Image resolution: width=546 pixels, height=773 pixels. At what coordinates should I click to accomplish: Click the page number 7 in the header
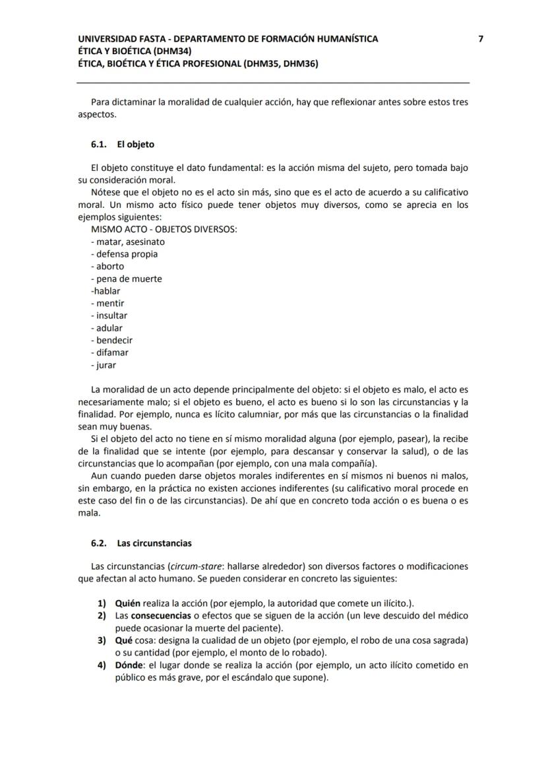point(481,39)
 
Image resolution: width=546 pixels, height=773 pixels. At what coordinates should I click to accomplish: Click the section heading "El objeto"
point(136,144)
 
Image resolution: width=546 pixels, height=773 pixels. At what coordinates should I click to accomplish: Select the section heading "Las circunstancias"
point(154,543)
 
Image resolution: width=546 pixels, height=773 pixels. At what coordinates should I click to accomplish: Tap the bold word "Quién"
point(128,603)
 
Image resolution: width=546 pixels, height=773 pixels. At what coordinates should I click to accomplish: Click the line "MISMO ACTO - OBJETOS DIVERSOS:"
point(164,229)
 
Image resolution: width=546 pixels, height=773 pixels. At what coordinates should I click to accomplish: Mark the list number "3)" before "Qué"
point(102,640)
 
